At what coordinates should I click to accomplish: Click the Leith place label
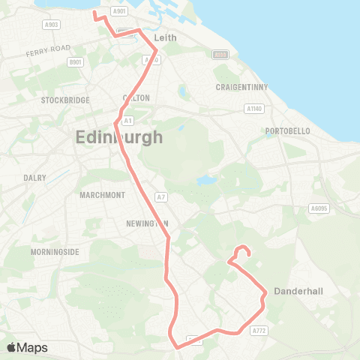(164, 36)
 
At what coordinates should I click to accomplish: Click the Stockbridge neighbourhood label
(66, 100)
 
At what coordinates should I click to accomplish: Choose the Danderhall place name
(298, 291)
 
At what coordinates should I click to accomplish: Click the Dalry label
(34, 178)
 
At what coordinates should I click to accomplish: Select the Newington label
(146, 223)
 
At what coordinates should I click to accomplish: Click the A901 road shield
(118, 11)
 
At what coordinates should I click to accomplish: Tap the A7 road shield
(160, 196)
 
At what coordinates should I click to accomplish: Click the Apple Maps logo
(27, 347)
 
